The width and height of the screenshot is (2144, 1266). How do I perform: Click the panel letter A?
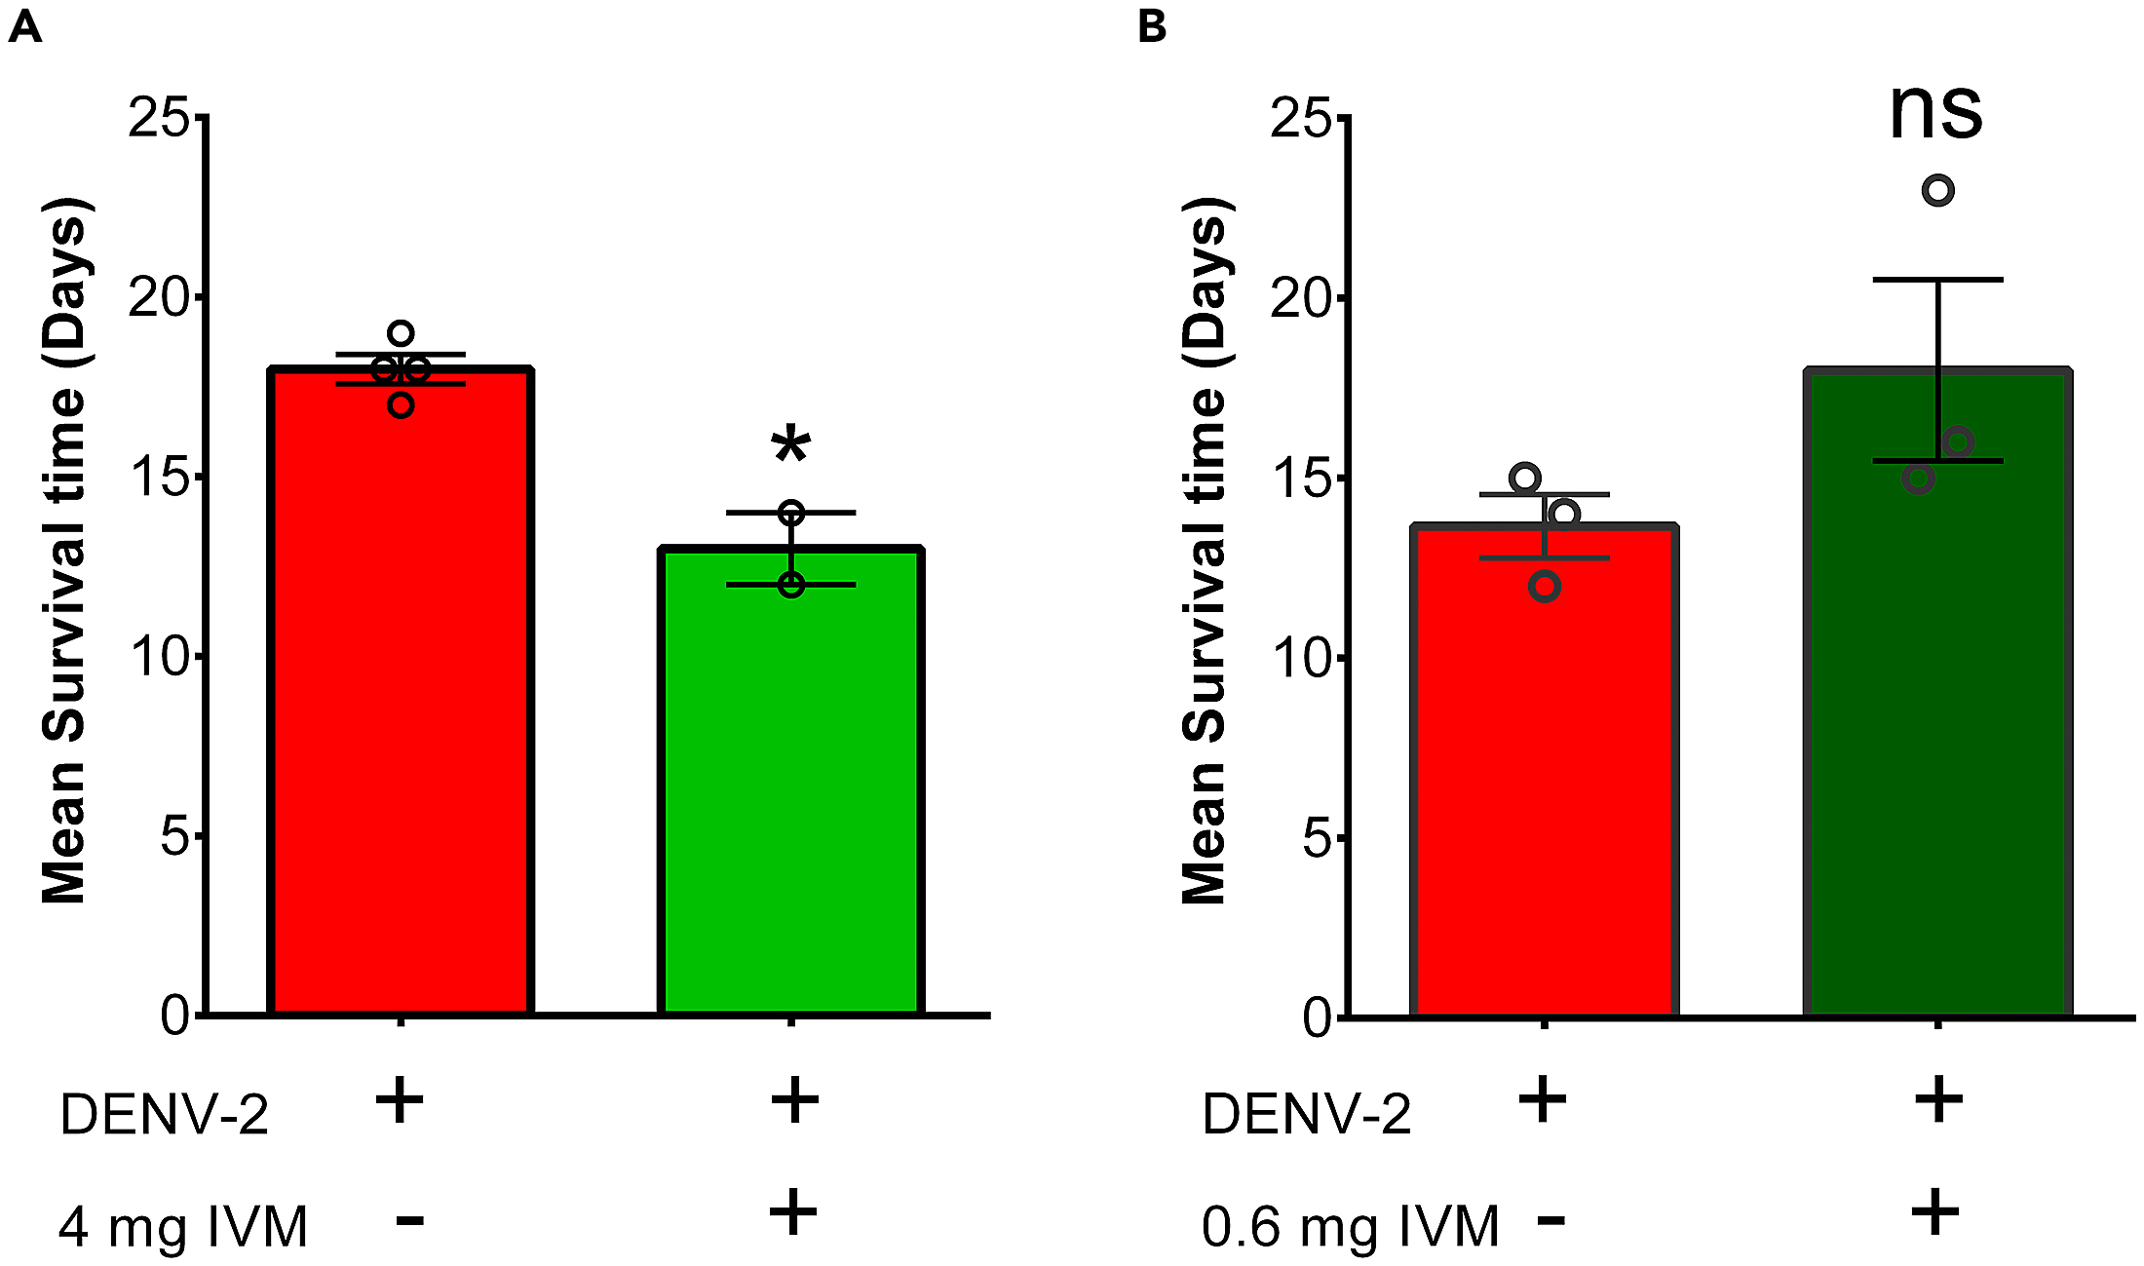(24, 26)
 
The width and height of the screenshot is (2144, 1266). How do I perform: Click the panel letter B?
(1152, 26)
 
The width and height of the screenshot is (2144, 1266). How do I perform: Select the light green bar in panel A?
(790, 780)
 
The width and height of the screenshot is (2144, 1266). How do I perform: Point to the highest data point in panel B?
(1937, 190)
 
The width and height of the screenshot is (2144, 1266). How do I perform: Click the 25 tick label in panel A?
(159, 118)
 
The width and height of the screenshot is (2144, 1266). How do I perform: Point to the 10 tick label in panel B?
(1301, 659)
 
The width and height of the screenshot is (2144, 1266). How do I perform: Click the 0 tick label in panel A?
(175, 1016)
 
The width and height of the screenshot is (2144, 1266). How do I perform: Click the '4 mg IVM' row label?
(183, 1226)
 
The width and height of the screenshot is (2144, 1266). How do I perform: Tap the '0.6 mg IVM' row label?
(1350, 1226)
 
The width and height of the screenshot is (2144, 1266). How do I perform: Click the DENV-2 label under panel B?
(1306, 1114)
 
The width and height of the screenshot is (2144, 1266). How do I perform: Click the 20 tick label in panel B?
(1301, 298)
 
